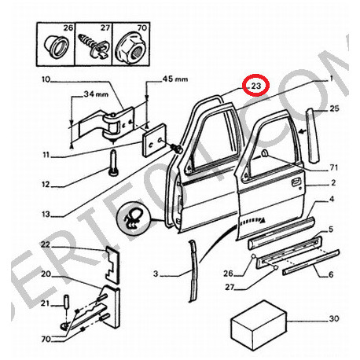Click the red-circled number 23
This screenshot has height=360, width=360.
click(256, 84)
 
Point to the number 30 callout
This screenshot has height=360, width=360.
click(333, 320)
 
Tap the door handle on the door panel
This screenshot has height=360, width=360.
click(296, 182)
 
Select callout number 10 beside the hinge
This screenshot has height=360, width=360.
click(45, 79)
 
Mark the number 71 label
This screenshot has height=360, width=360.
click(333, 168)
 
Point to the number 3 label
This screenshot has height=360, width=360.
click(156, 274)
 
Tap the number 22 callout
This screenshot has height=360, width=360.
click(46, 245)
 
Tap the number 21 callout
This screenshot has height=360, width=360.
click(45, 303)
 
